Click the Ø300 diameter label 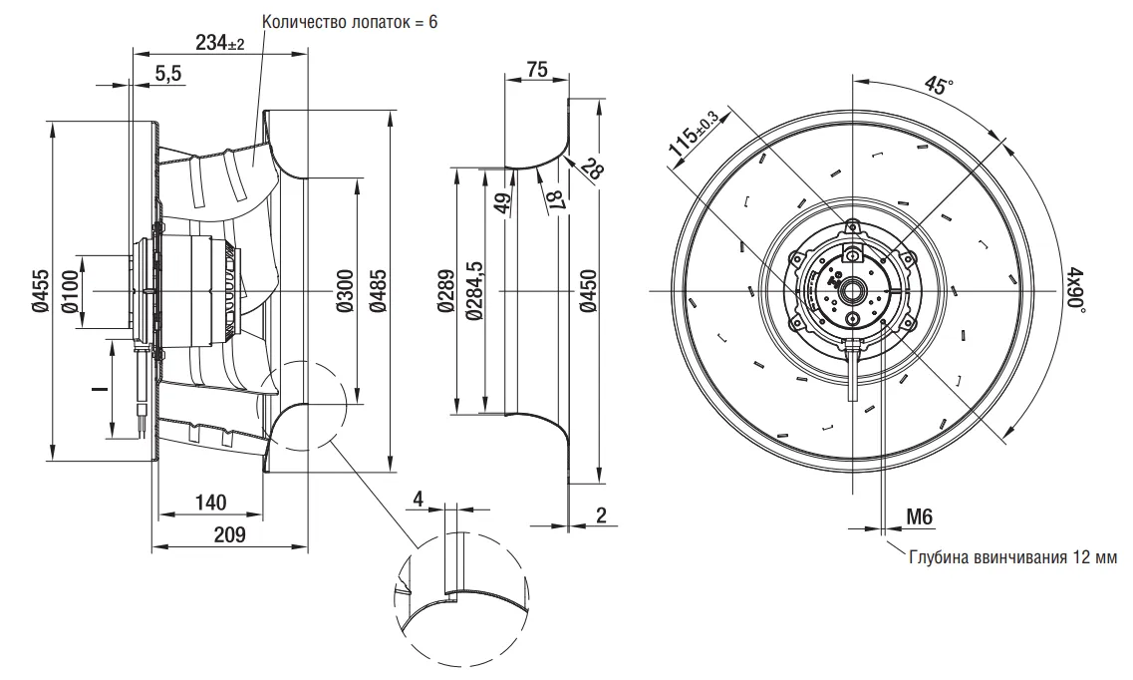pyautogui.click(x=345, y=292)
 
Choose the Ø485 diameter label pyautogui.click(x=378, y=292)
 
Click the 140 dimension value pyautogui.click(x=211, y=501)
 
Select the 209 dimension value pyautogui.click(x=230, y=534)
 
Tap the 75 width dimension pyautogui.click(x=537, y=69)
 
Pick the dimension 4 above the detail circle pyautogui.click(x=419, y=498)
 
